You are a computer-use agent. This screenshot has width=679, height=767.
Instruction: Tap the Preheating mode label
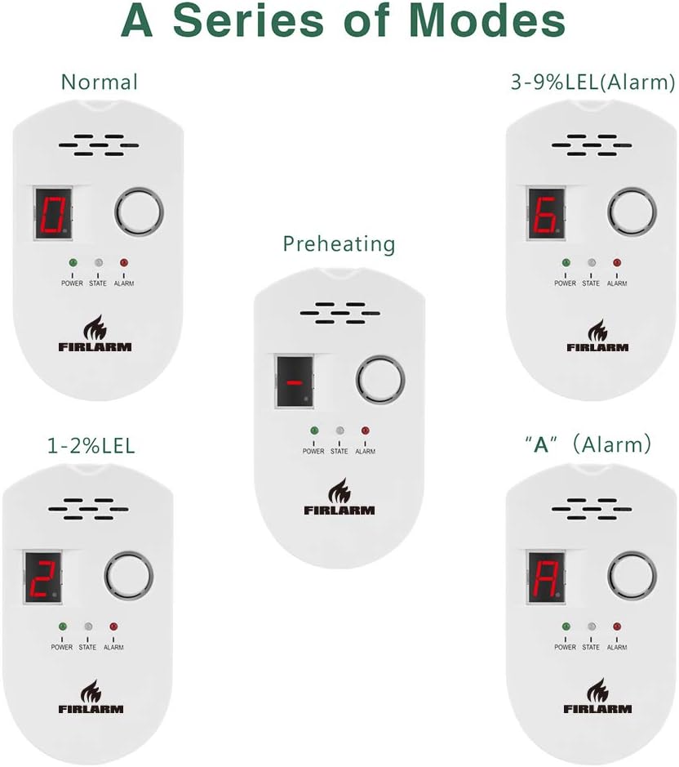pyautogui.click(x=339, y=243)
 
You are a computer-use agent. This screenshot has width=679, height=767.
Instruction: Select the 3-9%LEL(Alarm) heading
pyautogui.click(x=592, y=82)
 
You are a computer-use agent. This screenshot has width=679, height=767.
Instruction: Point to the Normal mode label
pyautogui.click(x=100, y=82)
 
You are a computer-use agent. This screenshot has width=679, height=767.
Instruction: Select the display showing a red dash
pyautogui.click(x=295, y=382)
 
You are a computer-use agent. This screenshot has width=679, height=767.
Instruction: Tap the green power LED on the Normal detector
pyautogui.click(x=73, y=263)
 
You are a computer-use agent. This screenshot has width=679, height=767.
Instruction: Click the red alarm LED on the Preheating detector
pyautogui.click(x=365, y=430)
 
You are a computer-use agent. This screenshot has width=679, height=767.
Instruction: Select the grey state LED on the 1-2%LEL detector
pyautogui.click(x=88, y=627)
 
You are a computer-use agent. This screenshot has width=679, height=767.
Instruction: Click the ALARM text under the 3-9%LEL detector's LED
pyautogui.click(x=617, y=283)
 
